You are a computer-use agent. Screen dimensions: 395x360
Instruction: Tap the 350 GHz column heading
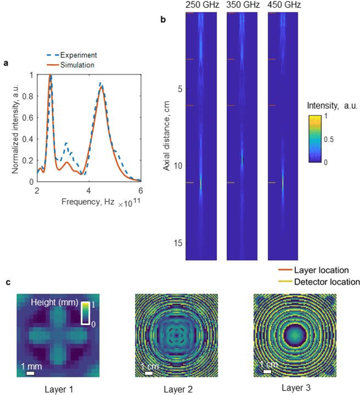tap(242, 5)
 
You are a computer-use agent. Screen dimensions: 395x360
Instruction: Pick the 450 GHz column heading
tap(282, 5)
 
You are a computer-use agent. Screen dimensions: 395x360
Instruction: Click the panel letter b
tap(163, 20)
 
